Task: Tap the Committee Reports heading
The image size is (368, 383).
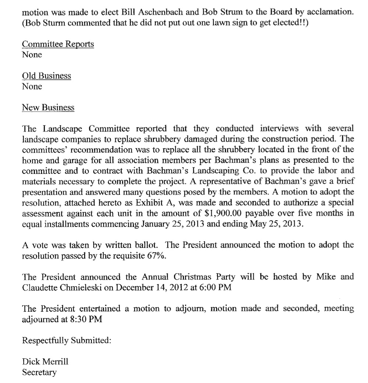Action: (58, 44)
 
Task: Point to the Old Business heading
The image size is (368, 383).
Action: (46, 76)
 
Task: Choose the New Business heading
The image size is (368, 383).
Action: (48, 108)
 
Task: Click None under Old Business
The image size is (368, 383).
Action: (32, 87)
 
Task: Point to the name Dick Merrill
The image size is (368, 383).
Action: (45, 362)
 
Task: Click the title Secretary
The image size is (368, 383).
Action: (39, 372)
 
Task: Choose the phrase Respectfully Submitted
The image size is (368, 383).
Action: (66, 340)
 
